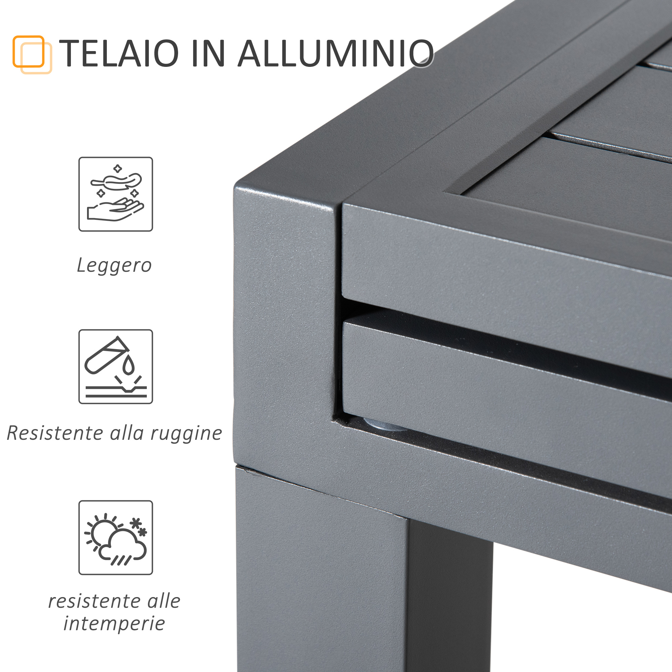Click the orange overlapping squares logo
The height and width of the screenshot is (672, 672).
(x=32, y=55)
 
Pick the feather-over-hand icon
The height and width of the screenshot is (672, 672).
(x=116, y=194)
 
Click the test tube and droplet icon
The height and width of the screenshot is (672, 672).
(x=116, y=367)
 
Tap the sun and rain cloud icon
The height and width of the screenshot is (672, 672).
(x=116, y=537)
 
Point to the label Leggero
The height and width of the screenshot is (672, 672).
(x=114, y=266)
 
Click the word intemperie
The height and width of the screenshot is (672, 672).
(x=114, y=623)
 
